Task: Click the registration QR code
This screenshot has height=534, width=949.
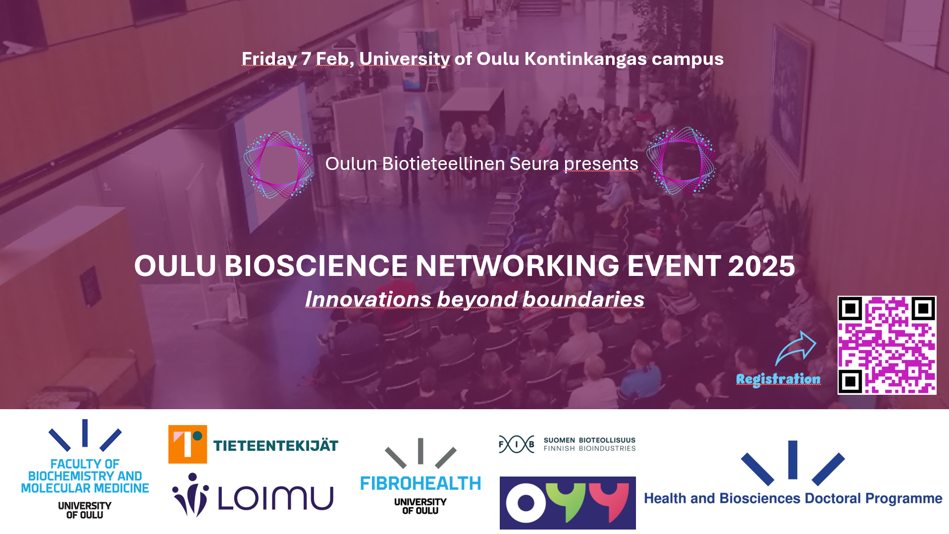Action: click(x=887, y=345)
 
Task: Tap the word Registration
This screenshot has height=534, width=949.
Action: click(x=778, y=379)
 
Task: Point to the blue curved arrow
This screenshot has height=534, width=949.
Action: click(x=795, y=348)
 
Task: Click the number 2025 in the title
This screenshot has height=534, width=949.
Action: click(x=761, y=266)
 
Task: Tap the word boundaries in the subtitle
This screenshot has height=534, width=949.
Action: click(x=583, y=299)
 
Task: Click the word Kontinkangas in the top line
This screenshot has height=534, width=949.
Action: click(x=585, y=58)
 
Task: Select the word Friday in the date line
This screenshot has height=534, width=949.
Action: click(x=269, y=59)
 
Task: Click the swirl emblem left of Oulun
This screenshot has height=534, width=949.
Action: click(x=278, y=165)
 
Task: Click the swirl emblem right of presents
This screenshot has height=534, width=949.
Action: click(x=681, y=161)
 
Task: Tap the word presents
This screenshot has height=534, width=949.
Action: click(x=601, y=164)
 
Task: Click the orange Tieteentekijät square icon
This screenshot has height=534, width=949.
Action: click(x=188, y=444)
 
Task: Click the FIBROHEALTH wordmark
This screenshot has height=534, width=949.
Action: click(x=421, y=483)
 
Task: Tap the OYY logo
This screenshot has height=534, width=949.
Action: click(x=568, y=503)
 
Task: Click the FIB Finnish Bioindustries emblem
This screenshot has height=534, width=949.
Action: click(x=517, y=444)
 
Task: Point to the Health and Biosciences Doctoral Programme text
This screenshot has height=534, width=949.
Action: click(x=793, y=498)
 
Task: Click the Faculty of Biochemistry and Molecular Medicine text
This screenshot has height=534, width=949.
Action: click(x=85, y=476)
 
